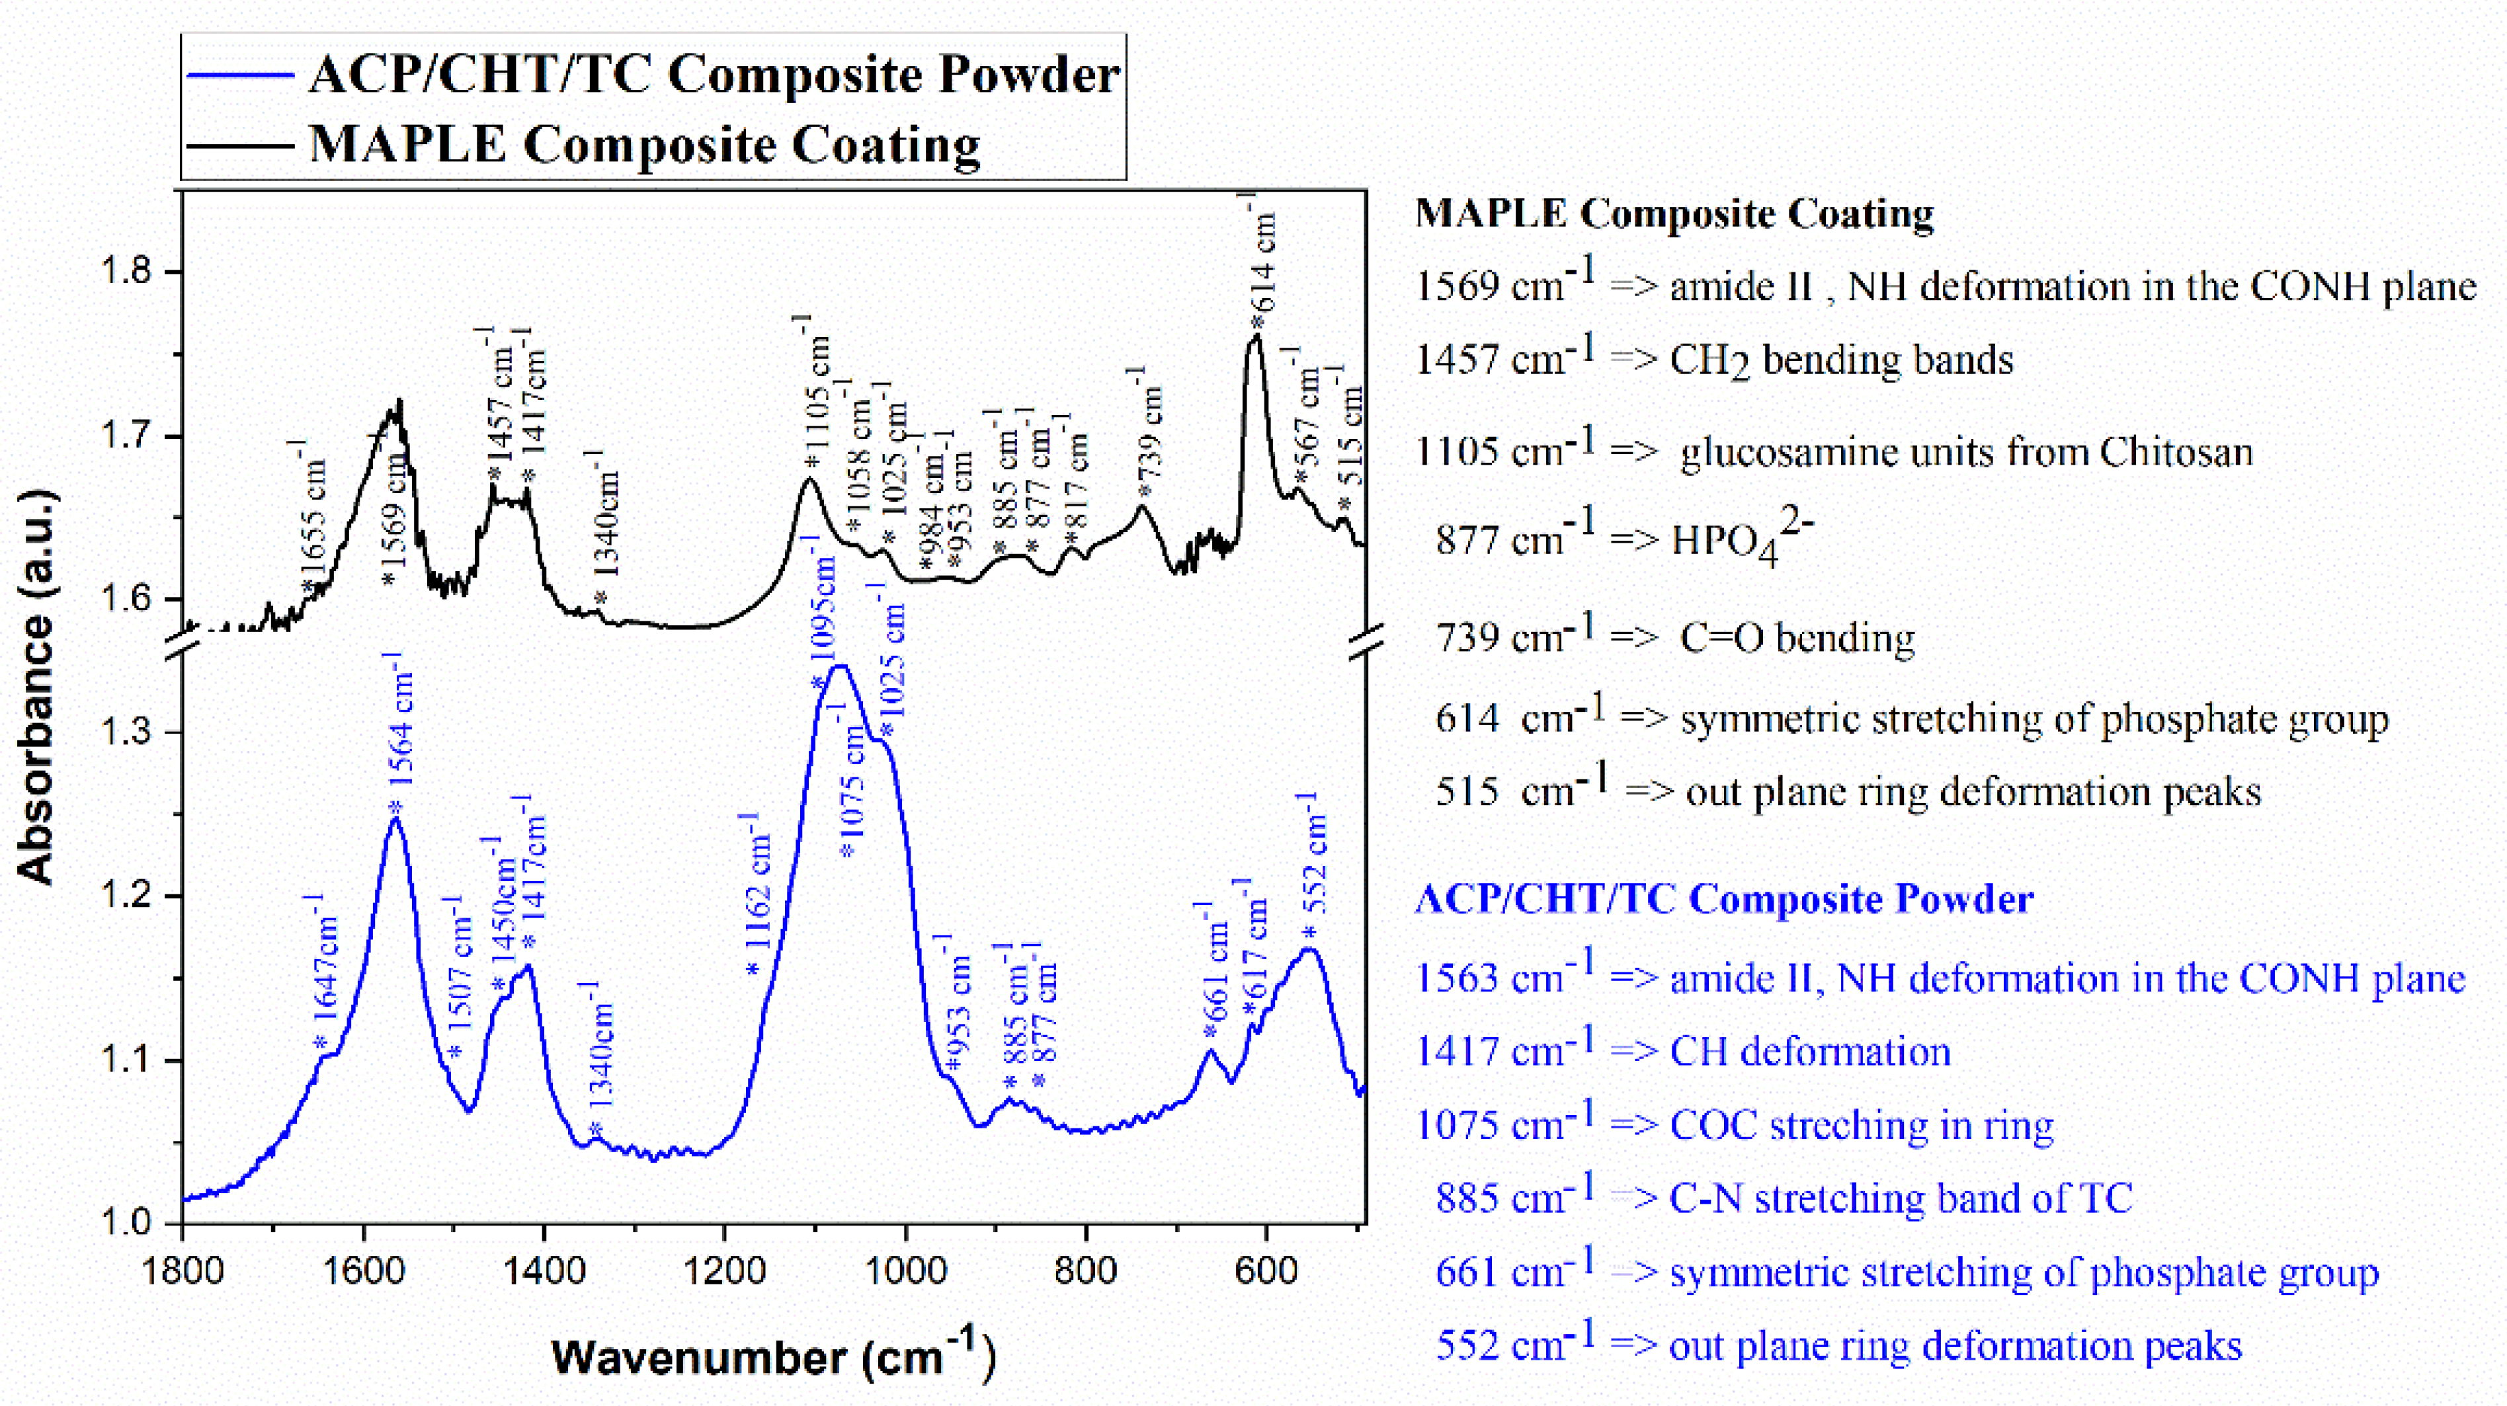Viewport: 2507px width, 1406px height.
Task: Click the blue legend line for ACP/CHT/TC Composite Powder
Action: (239, 75)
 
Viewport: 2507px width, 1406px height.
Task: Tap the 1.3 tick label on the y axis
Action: (126, 732)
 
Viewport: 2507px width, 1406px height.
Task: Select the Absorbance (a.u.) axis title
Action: (37, 687)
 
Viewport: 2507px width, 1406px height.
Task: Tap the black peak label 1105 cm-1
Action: (817, 394)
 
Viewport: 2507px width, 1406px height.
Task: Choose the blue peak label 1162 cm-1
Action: (758, 895)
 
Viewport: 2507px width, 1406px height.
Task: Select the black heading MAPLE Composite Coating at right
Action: (1674, 213)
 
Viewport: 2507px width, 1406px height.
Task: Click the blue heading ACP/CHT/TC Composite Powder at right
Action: (1723, 898)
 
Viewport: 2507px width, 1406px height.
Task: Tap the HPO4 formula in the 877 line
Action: (1742, 540)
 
